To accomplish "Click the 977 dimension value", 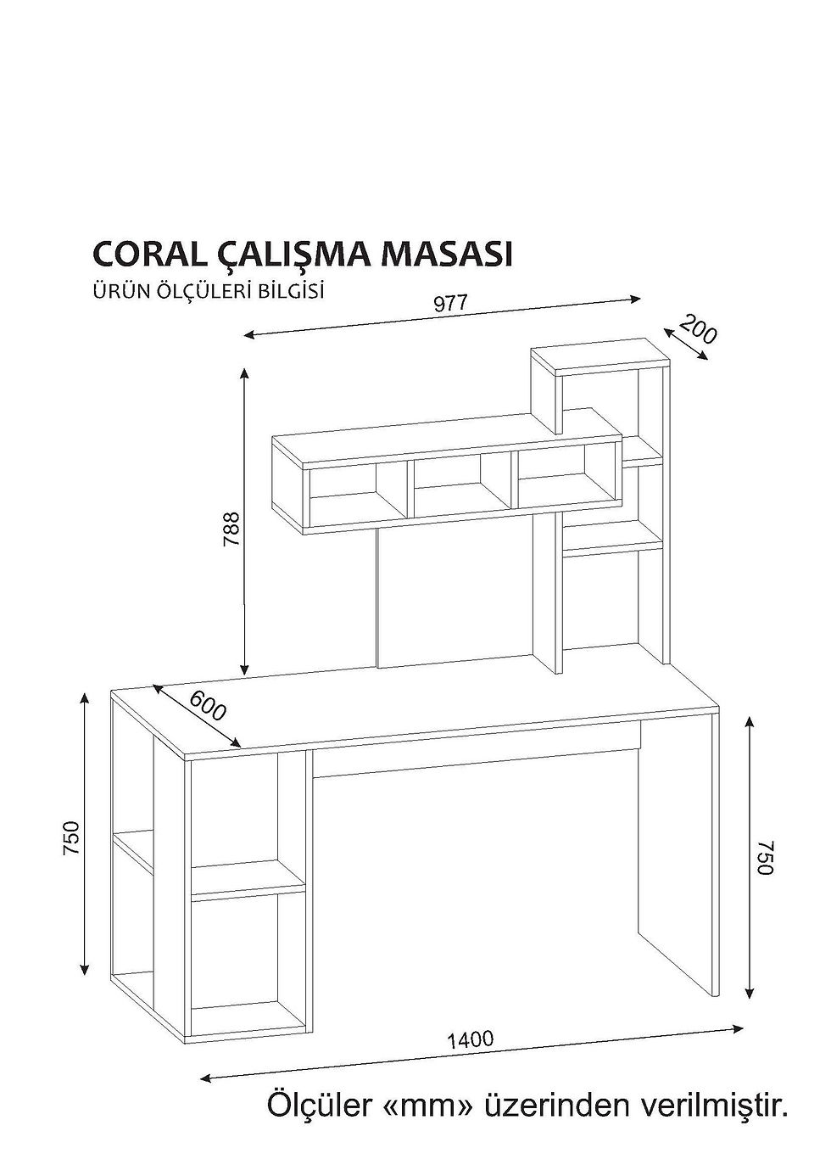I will click(x=451, y=305).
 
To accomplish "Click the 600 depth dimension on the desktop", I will click(x=207, y=706).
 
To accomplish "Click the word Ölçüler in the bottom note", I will click(x=320, y=1106).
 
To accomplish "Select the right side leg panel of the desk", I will click(x=678, y=857).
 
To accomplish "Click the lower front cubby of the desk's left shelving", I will click(x=248, y=963).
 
